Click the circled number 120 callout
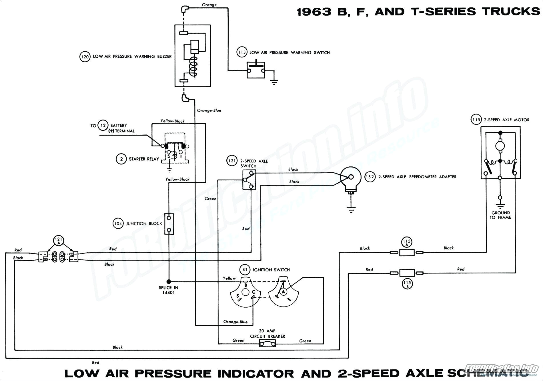(x=85, y=57)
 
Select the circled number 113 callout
(x=241, y=53)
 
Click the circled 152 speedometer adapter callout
(x=370, y=177)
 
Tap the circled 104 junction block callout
(x=118, y=224)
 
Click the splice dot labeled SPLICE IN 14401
(x=169, y=281)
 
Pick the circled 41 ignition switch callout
(x=244, y=270)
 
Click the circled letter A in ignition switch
(x=283, y=291)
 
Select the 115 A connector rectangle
(x=407, y=252)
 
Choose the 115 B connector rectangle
(x=407, y=273)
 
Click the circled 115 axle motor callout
(x=476, y=120)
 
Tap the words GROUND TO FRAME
(x=500, y=215)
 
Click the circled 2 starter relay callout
(x=121, y=159)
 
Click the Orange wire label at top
(x=209, y=5)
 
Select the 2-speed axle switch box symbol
(x=249, y=180)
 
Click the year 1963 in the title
(x=314, y=11)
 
